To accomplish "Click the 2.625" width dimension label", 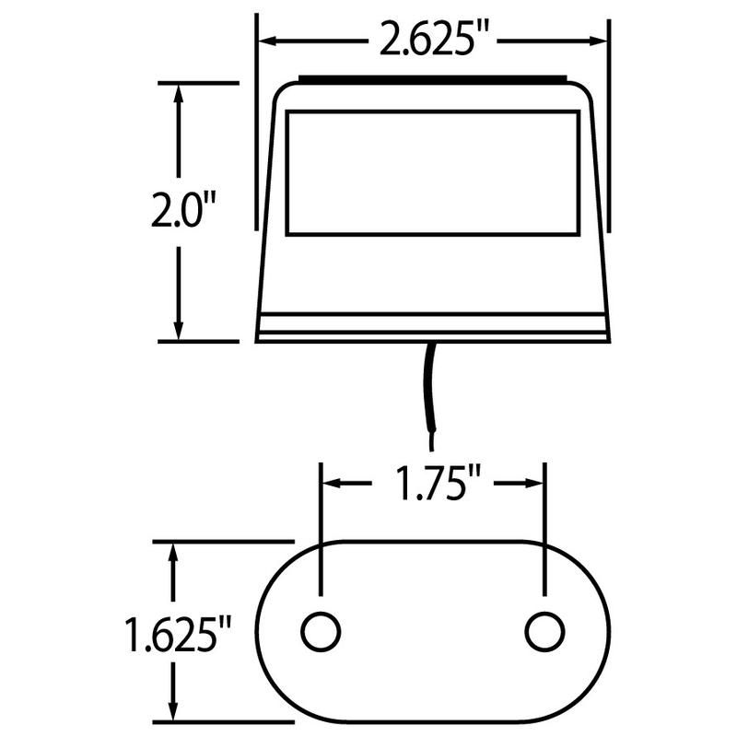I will pyautogui.click(x=432, y=41).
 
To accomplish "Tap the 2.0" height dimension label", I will pyautogui.click(x=184, y=211).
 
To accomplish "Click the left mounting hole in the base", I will pyautogui.click(x=321, y=631).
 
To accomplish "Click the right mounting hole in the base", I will pyautogui.click(x=544, y=631).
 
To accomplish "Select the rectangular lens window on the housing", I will pyautogui.click(x=432, y=172).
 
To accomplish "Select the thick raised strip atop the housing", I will pyautogui.click(x=432, y=80).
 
